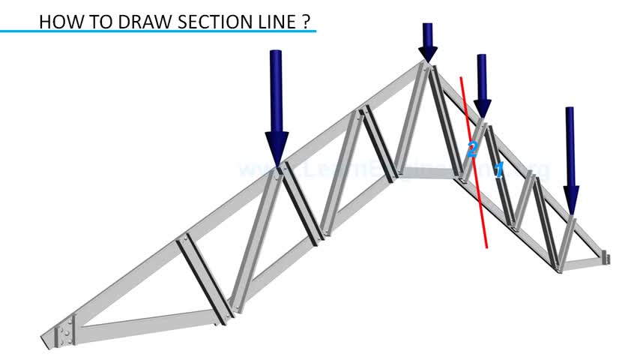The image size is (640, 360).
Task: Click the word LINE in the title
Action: [x=277, y=21]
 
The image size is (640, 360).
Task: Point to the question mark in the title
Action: [x=307, y=21]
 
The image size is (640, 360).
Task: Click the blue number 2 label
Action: [x=472, y=148]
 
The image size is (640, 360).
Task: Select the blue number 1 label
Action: [x=499, y=169]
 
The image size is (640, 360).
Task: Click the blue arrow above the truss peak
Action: [x=428, y=41]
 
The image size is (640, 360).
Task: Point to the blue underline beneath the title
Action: [x=157, y=31]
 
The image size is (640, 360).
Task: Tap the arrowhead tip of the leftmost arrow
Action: [x=277, y=162]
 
